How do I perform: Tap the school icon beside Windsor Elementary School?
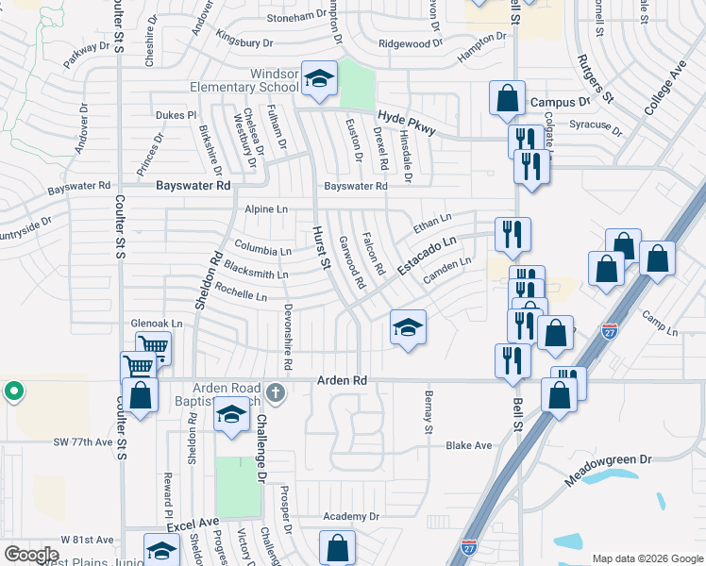pyautogui.click(x=319, y=80)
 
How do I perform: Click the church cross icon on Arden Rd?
pyautogui.click(x=274, y=391)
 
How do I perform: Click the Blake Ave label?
pyautogui.click(x=469, y=445)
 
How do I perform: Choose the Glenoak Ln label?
pyautogui.click(x=157, y=323)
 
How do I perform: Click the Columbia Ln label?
pyautogui.click(x=262, y=252)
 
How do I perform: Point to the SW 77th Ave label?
pyautogui.click(x=83, y=441)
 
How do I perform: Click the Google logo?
pyautogui.click(x=31, y=554)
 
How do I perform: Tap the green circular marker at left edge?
pyautogui.click(x=13, y=391)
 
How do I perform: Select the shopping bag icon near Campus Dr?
pyautogui.click(x=507, y=97)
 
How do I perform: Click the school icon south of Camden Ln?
pyautogui.click(x=409, y=327)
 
